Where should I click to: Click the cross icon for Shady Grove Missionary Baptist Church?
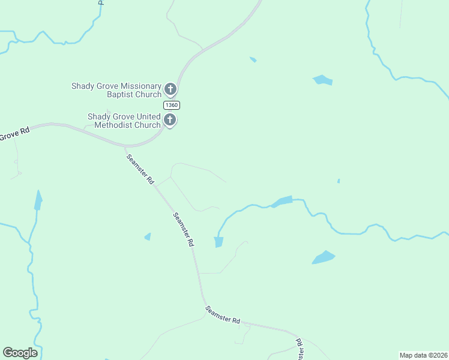point(170,90)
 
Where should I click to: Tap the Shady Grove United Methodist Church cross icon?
point(170,120)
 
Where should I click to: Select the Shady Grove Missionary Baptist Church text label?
point(116,90)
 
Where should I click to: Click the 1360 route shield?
point(171,105)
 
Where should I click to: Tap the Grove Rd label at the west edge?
point(14,134)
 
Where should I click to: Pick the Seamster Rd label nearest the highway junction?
point(140,169)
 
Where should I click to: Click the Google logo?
point(20,353)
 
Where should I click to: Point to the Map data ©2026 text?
point(423,355)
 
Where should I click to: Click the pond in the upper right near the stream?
point(322,80)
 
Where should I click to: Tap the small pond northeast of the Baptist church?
point(253,59)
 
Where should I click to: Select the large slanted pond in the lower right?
point(323,257)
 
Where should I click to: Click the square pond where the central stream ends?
point(218,242)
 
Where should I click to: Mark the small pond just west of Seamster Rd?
point(148,237)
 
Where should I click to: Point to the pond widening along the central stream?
point(282,202)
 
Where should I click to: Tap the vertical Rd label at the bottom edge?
point(298,349)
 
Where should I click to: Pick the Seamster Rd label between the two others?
point(183,230)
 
